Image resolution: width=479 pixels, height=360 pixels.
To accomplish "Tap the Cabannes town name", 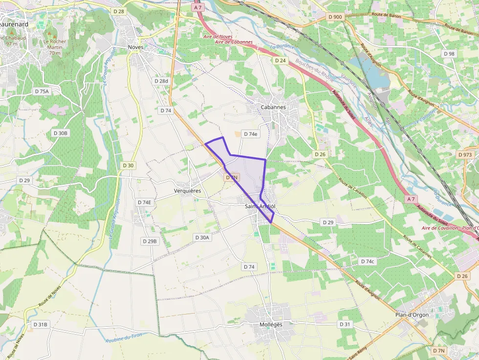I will [273, 107].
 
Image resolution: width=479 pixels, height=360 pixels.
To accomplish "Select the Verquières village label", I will [188, 191].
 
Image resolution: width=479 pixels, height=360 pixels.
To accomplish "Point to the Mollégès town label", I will [271, 324].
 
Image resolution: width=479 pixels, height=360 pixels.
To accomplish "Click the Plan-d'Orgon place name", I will [412, 315].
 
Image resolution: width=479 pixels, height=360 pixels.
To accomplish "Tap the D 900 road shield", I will [336, 17].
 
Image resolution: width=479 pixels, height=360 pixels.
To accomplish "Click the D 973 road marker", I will [466, 154].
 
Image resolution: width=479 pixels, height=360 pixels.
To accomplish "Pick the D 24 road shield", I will [280, 61].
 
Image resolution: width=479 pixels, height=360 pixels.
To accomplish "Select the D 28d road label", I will [161, 81].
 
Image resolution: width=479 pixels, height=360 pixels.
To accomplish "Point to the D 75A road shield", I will [42, 91].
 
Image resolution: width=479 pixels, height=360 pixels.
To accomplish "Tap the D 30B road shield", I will [61, 133].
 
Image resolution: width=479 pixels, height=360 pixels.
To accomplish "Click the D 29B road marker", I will [150, 241].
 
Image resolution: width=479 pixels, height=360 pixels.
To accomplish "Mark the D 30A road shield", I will [202, 237].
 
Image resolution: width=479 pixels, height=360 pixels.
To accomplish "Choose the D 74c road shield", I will [368, 261].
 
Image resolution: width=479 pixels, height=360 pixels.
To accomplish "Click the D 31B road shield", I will [41, 324].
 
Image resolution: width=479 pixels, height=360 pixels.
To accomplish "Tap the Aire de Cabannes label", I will [234, 42].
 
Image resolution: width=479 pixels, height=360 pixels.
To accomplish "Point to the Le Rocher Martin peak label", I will [54, 44].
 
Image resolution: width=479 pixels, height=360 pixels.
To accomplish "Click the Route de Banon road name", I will [386, 15].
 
